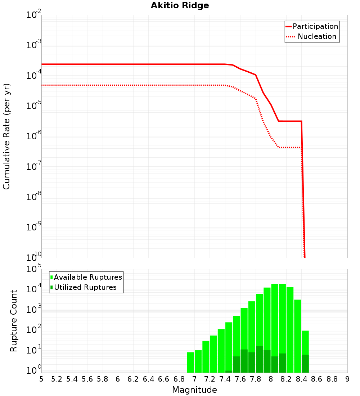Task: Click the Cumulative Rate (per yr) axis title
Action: click(x=6, y=136)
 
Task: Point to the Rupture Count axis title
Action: click(x=14, y=321)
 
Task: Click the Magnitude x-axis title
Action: click(x=194, y=390)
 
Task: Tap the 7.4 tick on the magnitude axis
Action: click(x=225, y=379)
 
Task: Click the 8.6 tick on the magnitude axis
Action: click(x=317, y=379)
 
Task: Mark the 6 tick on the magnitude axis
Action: click(x=118, y=379)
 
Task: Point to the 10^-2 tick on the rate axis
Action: click(x=34, y=15)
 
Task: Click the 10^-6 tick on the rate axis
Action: click(x=34, y=136)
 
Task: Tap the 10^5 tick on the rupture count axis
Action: click(x=34, y=269)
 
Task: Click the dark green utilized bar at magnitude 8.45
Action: click(x=305, y=364)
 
